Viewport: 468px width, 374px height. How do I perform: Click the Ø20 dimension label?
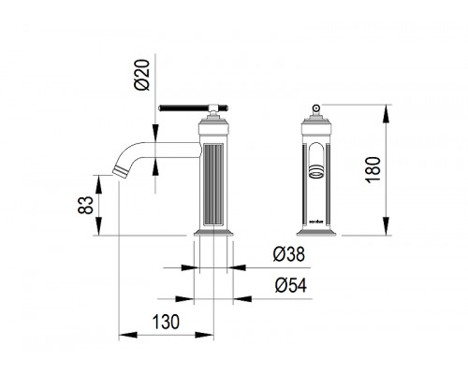[x=142, y=75]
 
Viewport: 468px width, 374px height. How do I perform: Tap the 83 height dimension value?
[x=85, y=205]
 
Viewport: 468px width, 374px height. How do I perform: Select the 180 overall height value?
[x=373, y=170]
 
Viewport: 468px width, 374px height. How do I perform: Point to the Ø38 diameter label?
[x=288, y=254]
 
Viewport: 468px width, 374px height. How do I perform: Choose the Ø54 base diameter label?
[x=291, y=285]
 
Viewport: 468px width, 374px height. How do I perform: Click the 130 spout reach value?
[x=166, y=322]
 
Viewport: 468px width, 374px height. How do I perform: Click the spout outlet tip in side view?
[x=120, y=172]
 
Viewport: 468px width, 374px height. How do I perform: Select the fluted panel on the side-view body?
[x=213, y=184]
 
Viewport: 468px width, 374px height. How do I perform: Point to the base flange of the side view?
[x=213, y=233]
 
